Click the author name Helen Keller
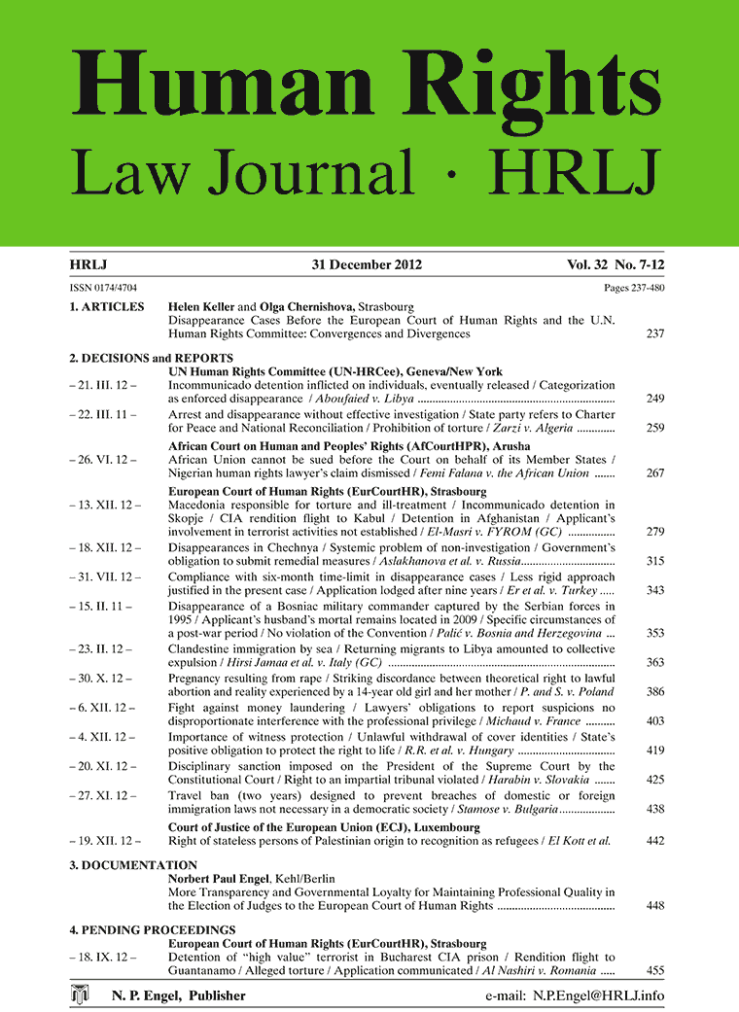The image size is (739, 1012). [205, 307]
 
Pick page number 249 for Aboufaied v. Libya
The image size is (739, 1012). [654, 399]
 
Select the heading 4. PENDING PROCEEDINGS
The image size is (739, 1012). [153, 929]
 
